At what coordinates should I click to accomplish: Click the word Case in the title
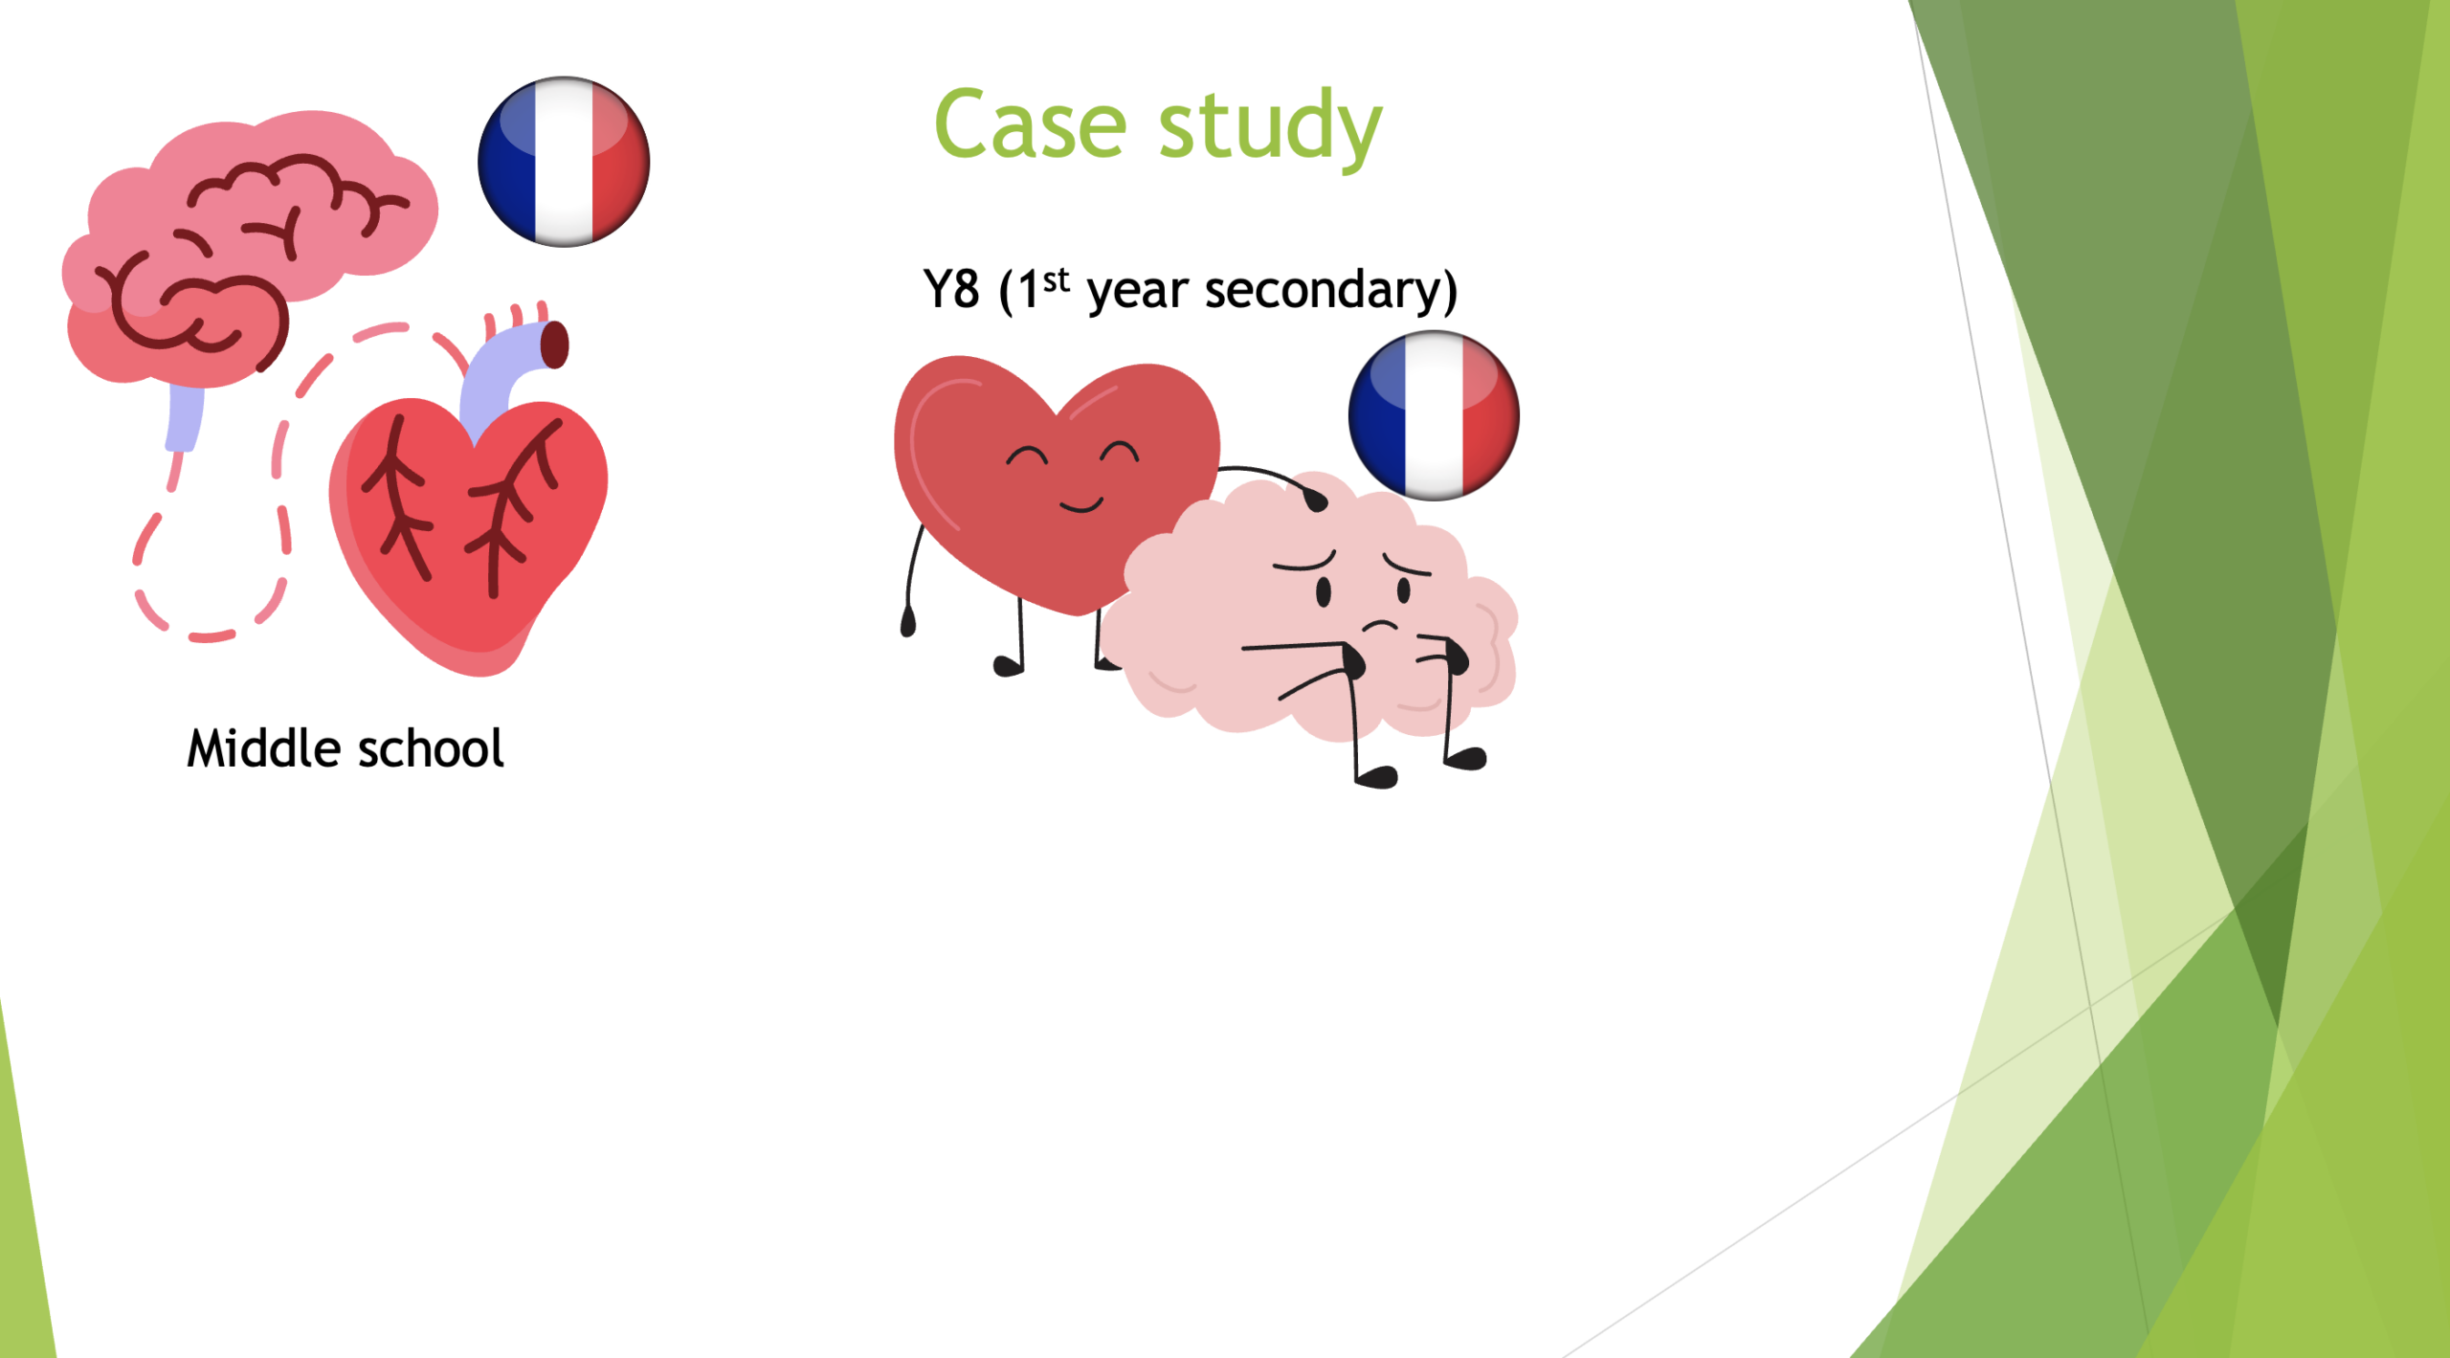[x=1031, y=124]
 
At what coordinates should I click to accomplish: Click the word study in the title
[x=1270, y=128]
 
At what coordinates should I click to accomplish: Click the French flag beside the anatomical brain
[x=564, y=162]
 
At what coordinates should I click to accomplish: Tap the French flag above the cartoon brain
[x=1434, y=415]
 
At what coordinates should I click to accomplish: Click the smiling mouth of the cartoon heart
[x=1081, y=504]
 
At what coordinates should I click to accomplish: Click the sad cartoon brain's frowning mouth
[x=1380, y=626]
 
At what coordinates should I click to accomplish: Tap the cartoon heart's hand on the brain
[x=1315, y=499]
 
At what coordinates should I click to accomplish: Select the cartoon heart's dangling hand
[x=908, y=621]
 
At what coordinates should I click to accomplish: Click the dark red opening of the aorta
[x=555, y=345]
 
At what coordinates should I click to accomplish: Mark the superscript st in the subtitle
[x=1056, y=280]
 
